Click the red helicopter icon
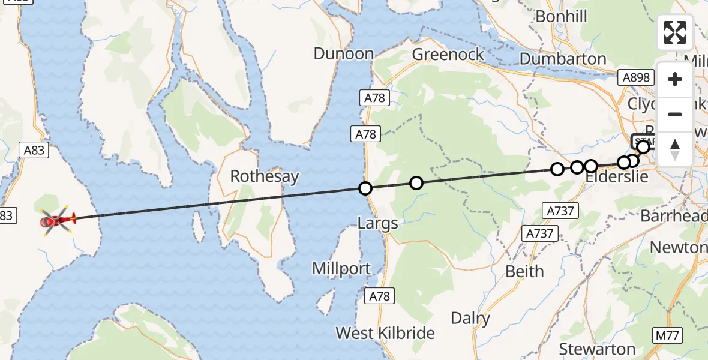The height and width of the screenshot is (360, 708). pos(58,221)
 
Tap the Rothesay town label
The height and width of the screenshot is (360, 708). pos(265,176)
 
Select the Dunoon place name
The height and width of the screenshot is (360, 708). pos(344,54)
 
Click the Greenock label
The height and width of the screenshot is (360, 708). pos(448,55)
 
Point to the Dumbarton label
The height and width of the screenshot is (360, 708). pos(563,59)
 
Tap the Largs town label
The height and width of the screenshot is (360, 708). pos(377,224)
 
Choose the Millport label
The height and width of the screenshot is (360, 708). pos(341,268)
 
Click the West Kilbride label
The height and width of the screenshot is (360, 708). pos(385,333)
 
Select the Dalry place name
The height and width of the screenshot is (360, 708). pos(470,318)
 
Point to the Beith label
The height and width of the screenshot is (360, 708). pos(524,271)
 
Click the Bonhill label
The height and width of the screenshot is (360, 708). pos(561,16)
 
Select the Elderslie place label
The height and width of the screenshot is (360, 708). pos(616,178)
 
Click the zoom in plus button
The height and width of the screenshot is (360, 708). pos(675,79)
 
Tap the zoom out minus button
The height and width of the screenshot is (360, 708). pos(675,114)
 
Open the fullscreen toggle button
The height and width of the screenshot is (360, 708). pos(675,32)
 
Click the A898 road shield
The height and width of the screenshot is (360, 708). pos(635,77)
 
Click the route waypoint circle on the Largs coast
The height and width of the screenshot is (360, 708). pos(365,188)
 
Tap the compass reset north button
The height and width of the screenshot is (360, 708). pos(675,149)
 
